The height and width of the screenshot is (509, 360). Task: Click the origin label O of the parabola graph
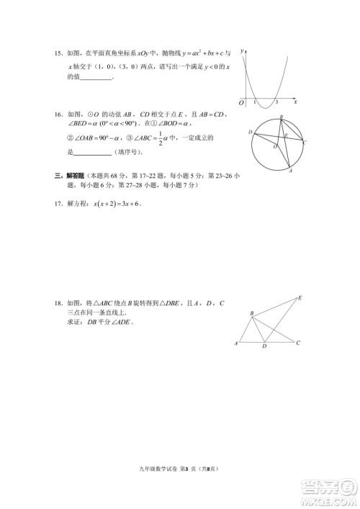241,104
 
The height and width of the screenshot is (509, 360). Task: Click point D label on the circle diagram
250,132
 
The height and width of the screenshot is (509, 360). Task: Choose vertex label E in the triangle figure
300,297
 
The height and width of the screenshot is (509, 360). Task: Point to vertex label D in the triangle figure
264,347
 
